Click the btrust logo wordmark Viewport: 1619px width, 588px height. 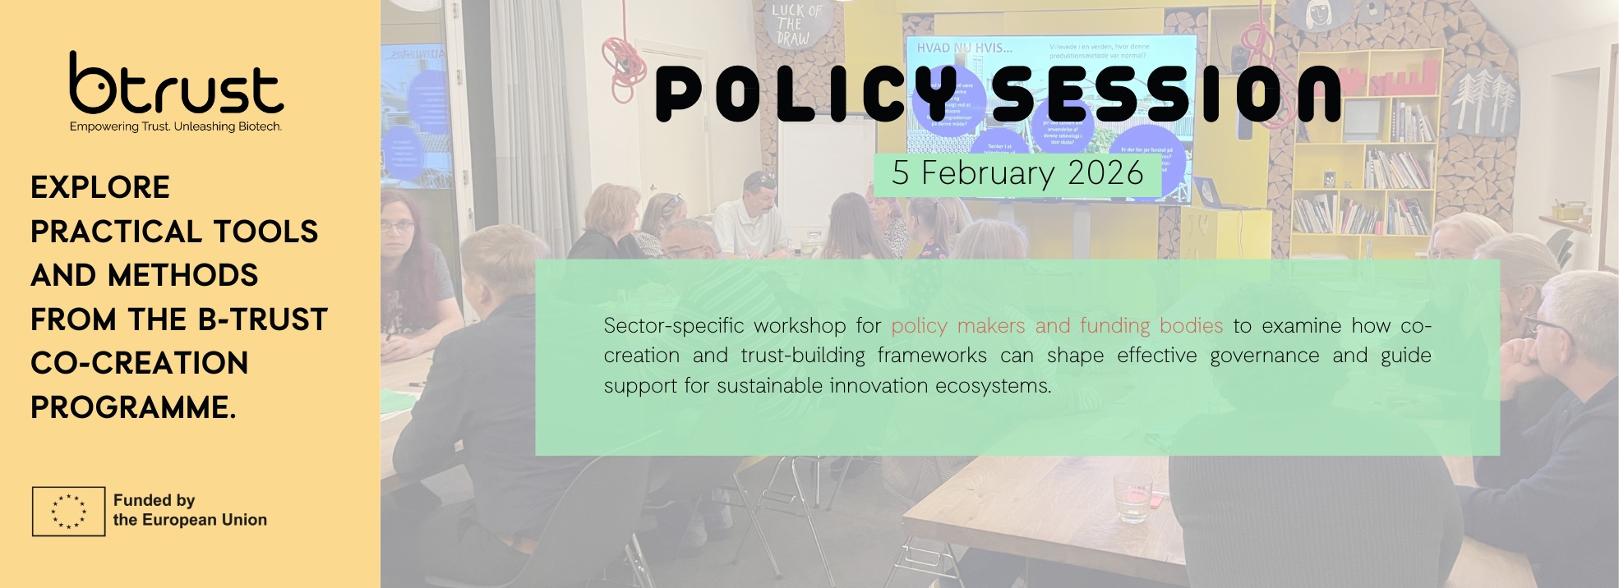(x=176, y=86)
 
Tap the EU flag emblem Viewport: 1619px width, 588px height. (x=68, y=511)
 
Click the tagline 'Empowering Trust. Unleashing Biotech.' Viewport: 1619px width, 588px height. (x=176, y=126)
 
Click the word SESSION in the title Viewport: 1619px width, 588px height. (x=1167, y=94)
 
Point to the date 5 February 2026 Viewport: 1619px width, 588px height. (x=1017, y=173)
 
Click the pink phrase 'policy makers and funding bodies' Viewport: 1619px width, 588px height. (x=1057, y=326)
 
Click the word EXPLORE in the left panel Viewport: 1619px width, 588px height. (x=100, y=187)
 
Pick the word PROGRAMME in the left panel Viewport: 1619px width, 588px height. (x=133, y=407)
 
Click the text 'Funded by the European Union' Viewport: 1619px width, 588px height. (x=190, y=510)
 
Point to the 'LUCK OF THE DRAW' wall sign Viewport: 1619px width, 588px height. (x=795, y=25)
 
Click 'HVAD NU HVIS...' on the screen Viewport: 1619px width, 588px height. (x=964, y=48)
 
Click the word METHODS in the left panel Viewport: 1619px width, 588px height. (x=182, y=275)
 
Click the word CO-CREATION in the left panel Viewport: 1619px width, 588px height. (x=140, y=363)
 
